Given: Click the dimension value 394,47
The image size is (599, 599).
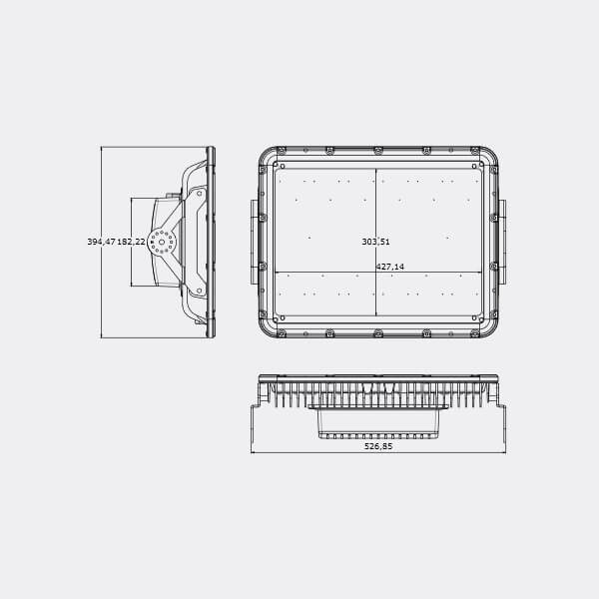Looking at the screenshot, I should (x=101, y=242).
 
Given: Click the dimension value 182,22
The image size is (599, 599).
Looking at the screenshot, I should (x=132, y=242).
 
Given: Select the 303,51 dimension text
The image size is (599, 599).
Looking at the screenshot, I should (x=375, y=242).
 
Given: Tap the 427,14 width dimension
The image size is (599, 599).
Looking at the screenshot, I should (x=389, y=267).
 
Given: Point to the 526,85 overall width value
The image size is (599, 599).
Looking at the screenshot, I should (x=378, y=446).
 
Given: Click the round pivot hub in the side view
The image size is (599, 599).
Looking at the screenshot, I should (x=161, y=242).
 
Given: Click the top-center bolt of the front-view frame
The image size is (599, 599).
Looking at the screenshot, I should (x=378, y=151).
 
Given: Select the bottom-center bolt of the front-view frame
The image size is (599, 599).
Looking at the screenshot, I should (x=378, y=332).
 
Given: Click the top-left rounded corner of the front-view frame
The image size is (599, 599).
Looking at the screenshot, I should (x=267, y=156).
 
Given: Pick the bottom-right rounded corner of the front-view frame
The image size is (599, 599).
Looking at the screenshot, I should (x=490, y=327).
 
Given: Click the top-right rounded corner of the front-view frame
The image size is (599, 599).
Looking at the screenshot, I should (x=490, y=156).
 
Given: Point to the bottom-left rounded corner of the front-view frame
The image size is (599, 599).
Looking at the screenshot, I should (x=267, y=327).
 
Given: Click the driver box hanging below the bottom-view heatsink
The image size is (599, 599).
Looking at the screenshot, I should (x=378, y=424).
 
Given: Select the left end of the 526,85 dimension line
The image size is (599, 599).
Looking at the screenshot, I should (x=252, y=452).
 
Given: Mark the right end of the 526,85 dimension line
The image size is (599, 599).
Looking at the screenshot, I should (x=505, y=452).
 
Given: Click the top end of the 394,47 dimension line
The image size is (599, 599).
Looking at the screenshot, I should (x=102, y=148).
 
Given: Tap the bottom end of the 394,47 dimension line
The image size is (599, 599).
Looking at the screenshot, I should (x=102, y=337).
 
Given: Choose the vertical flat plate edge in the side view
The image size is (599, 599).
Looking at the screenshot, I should (x=211, y=242).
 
